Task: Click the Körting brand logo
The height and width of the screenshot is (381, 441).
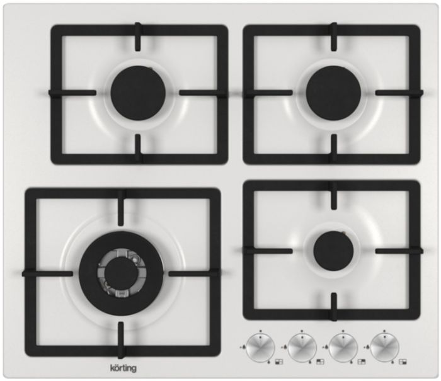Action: pyautogui.click(x=123, y=368)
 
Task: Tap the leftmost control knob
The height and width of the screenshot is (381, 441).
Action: pyautogui.click(x=260, y=348)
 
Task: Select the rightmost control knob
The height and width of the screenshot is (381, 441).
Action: pyautogui.click(x=384, y=348)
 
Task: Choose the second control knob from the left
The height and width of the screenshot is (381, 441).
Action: pyautogui.click(x=302, y=348)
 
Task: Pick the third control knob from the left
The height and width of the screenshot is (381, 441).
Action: pyautogui.click(x=343, y=348)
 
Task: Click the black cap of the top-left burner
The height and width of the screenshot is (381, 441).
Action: pyautogui.click(x=138, y=93)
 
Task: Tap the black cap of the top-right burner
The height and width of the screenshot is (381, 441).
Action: pyautogui.click(x=333, y=93)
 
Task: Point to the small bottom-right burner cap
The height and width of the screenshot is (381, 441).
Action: pyautogui.click(x=333, y=251)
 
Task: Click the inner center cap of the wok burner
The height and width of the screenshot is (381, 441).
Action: pyautogui.click(x=121, y=273)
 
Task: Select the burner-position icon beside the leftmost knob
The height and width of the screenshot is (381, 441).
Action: pyautogui.click(x=279, y=361)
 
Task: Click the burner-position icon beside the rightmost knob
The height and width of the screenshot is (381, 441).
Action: pyautogui.click(x=403, y=361)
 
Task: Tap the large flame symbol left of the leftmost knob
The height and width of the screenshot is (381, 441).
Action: pyautogui.click(x=244, y=347)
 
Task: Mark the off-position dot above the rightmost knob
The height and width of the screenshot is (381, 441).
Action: pyautogui.click(x=384, y=331)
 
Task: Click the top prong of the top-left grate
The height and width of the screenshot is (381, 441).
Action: pyautogui.click(x=138, y=37)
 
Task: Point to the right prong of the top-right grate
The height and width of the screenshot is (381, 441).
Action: pyautogui.click(x=399, y=93)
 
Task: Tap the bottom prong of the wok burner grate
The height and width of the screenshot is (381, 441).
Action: pyautogui.click(x=121, y=340)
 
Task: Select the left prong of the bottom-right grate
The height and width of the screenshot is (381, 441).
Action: pyautogui.click(x=268, y=251)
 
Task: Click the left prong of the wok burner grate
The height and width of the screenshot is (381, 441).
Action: pyautogui.click(x=47, y=273)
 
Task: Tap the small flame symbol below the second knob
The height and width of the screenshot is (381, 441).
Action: pyautogui.click(x=310, y=362)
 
